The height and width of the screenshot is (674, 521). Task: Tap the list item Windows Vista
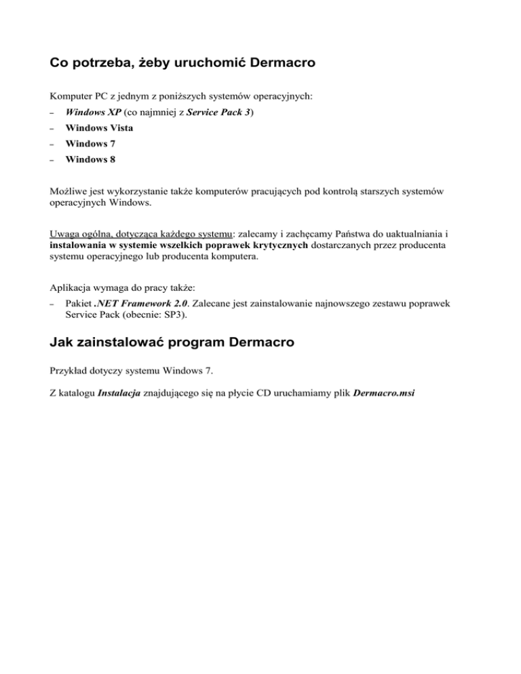point(99,127)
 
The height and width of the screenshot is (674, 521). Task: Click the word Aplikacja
point(73,288)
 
